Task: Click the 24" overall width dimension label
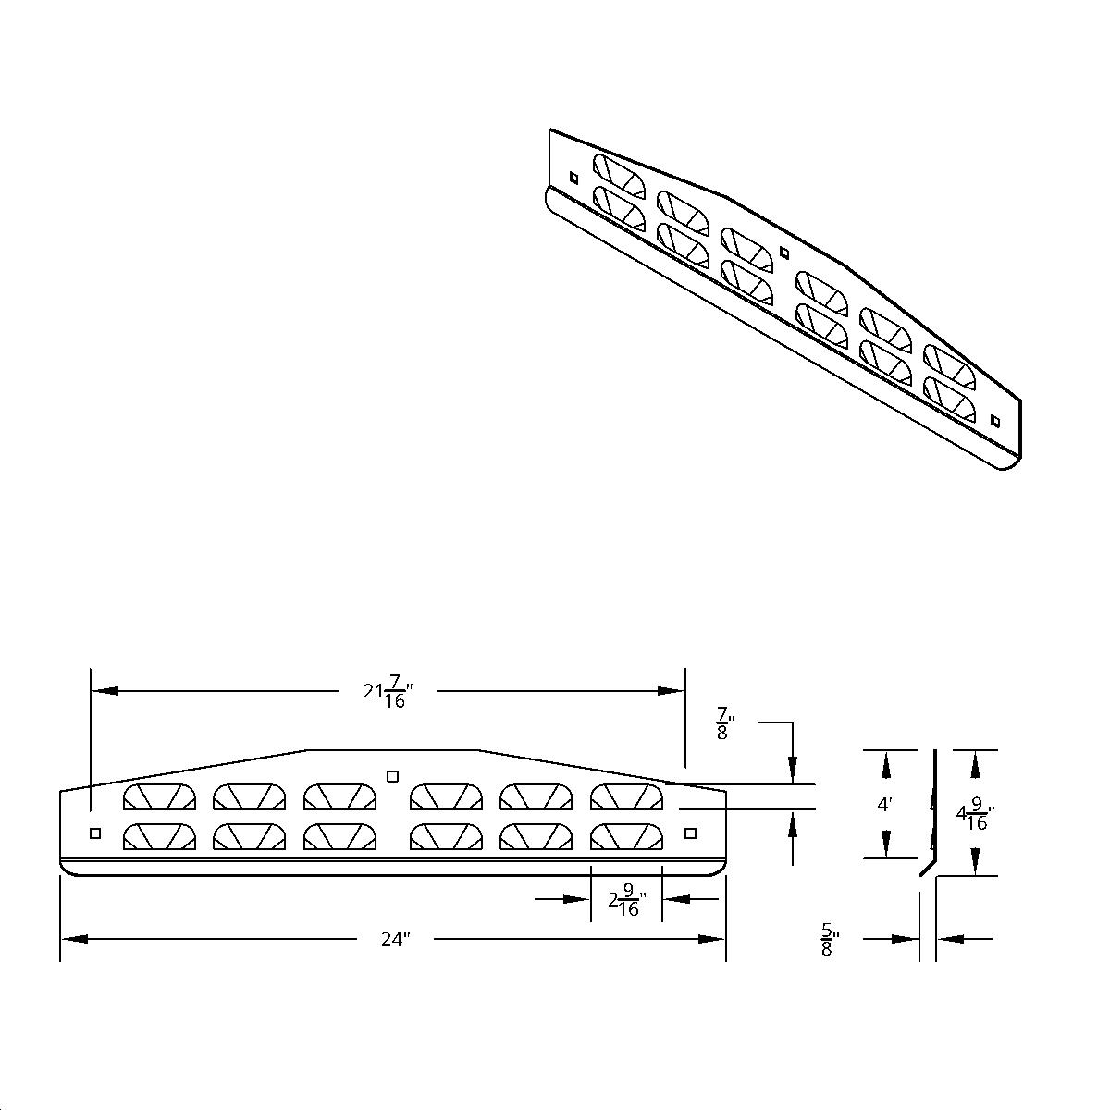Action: [395, 939]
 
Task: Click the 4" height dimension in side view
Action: [886, 804]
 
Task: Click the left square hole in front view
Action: [95, 833]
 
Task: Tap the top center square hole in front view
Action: [392, 775]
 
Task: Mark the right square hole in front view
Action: [690, 833]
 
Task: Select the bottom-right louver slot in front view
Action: [626, 836]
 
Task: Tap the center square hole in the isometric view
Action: [784, 252]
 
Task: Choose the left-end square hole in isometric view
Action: [573, 177]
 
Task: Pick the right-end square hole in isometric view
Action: [995, 421]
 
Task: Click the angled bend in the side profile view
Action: [925, 869]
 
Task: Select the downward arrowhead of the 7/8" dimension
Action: [793, 771]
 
